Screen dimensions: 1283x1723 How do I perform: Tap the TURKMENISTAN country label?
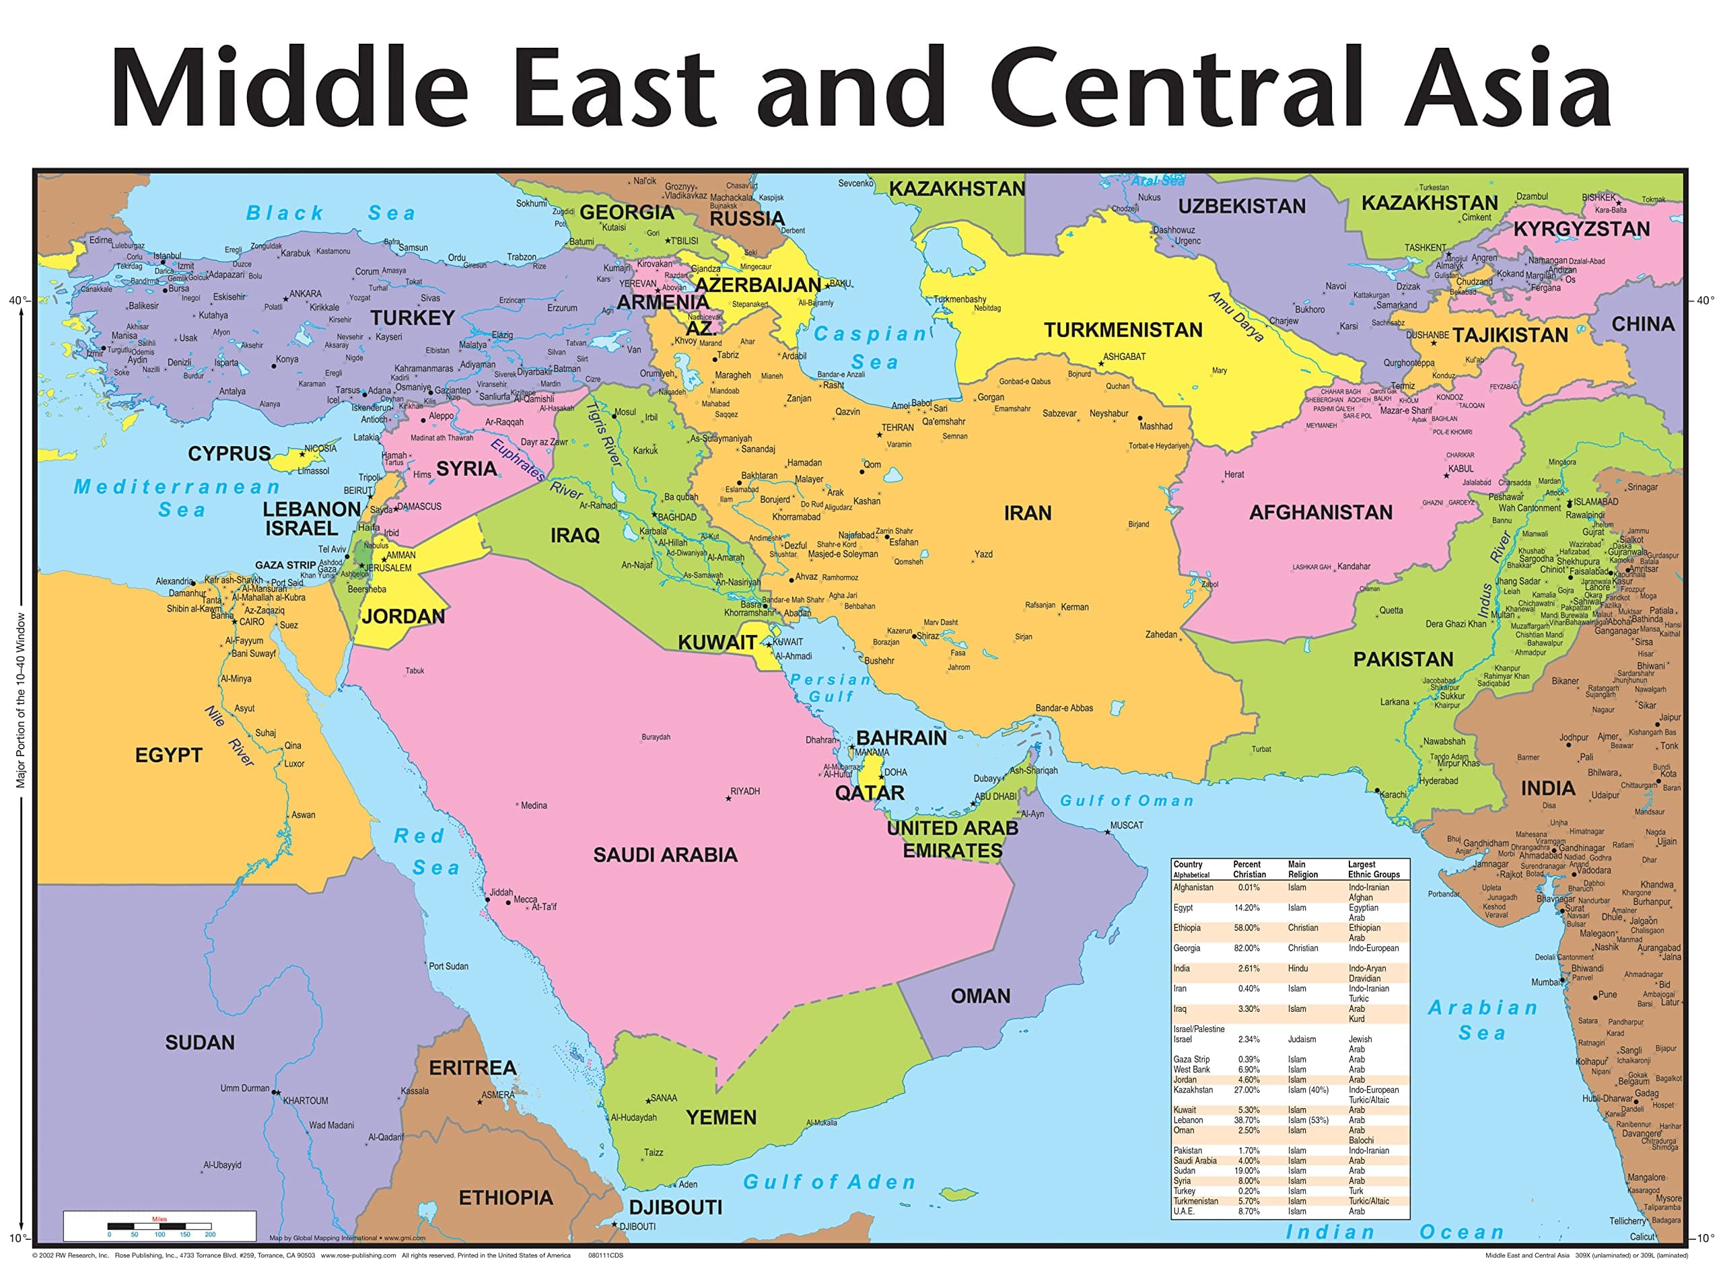coord(1122,330)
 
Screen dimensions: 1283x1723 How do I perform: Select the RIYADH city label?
coord(744,791)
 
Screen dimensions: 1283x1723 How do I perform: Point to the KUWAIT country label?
coord(717,643)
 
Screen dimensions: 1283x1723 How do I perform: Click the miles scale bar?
coord(160,1226)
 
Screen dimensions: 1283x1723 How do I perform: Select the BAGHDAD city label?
coord(676,517)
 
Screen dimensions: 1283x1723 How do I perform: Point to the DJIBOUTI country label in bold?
coord(675,1207)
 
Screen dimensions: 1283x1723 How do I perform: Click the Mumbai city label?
coord(1545,982)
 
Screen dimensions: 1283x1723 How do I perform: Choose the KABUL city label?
coord(1461,469)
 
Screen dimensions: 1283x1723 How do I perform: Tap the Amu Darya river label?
coord(1236,316)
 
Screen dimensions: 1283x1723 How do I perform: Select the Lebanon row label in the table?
coord(1188,1120)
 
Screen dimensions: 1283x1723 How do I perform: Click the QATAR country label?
coord(870,793)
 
